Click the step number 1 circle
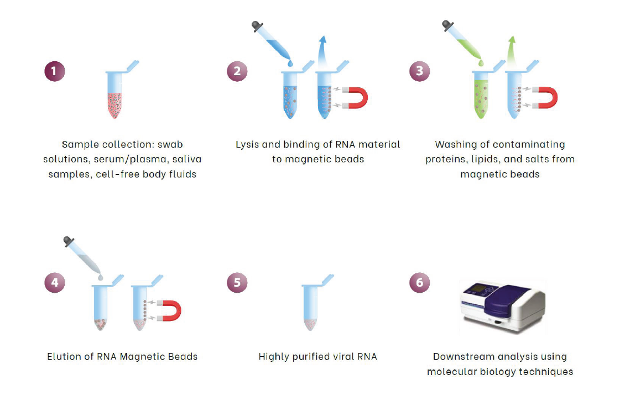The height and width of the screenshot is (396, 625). coord(54,71)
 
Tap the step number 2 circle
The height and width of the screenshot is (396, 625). coord(237,71)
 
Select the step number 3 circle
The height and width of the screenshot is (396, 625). coord(420,71)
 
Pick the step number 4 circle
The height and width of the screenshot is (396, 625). coord(54,282)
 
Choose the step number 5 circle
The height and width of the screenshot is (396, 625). coord(237,282)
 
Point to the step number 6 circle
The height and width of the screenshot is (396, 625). coord(420,282)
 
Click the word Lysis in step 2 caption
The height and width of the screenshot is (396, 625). coord(247,145)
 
